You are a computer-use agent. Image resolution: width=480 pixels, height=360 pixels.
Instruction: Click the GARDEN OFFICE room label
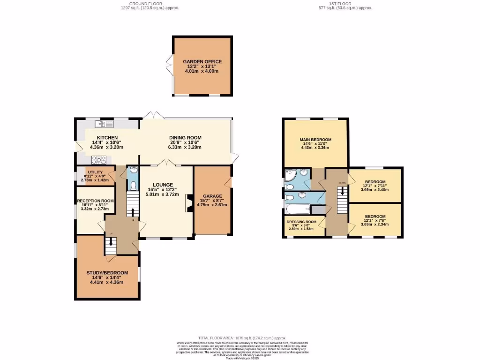[x=202, y=61]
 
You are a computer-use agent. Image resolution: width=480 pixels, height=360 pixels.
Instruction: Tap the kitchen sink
[x=104, y=124]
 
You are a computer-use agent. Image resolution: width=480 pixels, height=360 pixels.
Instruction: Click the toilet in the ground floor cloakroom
[x=133, y=185]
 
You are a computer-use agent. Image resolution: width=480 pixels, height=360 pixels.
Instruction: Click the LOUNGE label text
[x=162, y=185]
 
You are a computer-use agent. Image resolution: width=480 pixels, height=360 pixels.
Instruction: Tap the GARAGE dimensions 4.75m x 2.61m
[x=212, y=205]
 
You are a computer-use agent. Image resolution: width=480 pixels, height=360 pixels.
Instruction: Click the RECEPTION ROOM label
[x=96, y=200]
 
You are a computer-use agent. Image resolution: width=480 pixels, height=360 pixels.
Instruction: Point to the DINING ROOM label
[x=185, y=137]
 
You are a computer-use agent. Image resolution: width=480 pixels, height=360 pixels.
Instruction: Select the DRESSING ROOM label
[x=301, y=221]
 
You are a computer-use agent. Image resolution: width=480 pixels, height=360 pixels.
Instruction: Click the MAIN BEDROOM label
[x=315, y=140]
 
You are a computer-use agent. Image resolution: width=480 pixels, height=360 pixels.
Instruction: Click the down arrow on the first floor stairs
[x=342, y=192]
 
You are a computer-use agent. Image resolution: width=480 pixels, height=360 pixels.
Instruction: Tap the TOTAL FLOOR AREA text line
[x=241, y=338]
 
